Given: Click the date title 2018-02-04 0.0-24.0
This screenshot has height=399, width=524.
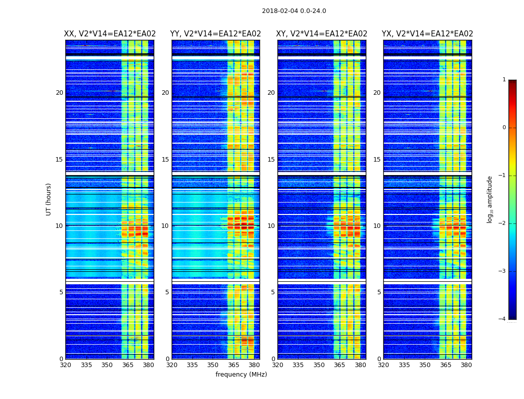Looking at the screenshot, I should [x=294, y=11].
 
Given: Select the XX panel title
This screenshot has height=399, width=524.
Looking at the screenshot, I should [x=110, y=34].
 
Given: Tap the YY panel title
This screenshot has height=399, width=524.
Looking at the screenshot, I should [x=216, y=34].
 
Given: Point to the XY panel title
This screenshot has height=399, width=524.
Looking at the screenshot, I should [x=322, y=34].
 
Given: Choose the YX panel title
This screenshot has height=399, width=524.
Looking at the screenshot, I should [x=428, y=34].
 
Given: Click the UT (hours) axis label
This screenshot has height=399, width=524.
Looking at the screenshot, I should [x=49, y=199].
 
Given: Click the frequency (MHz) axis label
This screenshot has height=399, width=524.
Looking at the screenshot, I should [x=241, y=375].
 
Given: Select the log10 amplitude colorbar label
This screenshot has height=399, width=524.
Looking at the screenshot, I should [x=490, y=199].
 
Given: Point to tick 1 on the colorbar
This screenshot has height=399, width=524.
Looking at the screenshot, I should [x=504, y=80].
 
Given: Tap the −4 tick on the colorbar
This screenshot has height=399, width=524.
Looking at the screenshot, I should [x=503, y=319].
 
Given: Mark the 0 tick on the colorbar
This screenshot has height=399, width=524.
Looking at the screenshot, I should [x=504, y=128].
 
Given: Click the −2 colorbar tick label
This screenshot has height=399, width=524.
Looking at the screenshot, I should [x=503, y=223].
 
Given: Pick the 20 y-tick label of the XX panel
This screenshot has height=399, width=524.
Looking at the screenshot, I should [x=59, y=93].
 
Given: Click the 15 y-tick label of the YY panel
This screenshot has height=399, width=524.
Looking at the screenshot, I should [x=165, y=160].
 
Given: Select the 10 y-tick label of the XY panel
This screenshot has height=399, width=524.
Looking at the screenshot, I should [x=271, y=226].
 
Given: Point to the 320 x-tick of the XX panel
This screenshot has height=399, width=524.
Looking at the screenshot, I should [x=65, y=365].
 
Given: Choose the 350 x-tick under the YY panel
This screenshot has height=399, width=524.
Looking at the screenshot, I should [x=213, y=365].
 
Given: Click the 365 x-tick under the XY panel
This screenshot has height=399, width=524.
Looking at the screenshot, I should [x=340, y=365].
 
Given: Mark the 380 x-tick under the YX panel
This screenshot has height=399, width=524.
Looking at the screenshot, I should [x=466, y=365].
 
